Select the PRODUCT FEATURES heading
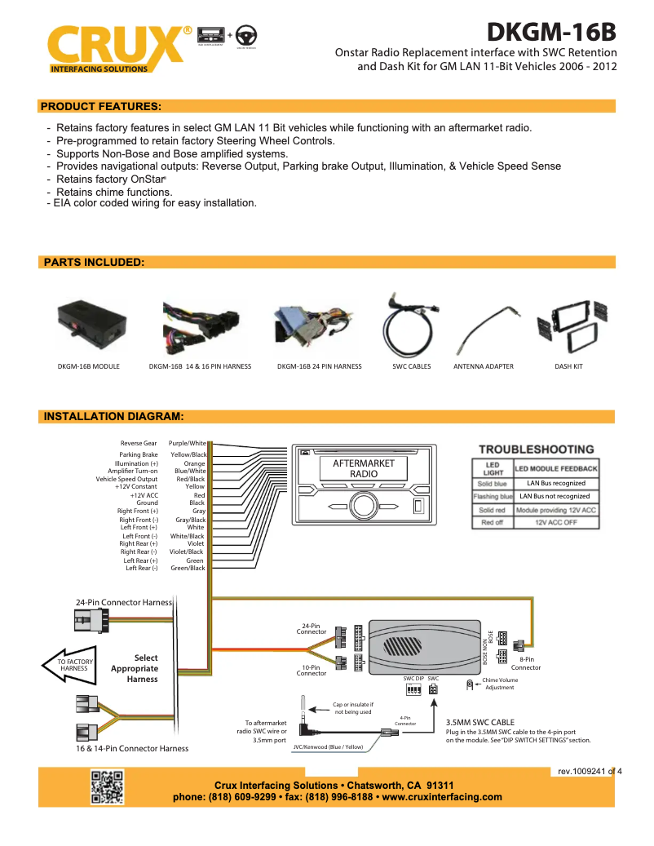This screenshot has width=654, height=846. pos(100,106)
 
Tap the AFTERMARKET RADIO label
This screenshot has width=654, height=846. pos(364,468)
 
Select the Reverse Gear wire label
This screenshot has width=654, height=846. pos(139,444)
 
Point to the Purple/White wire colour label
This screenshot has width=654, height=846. pos(187,444)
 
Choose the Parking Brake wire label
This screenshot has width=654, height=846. pos(139,455)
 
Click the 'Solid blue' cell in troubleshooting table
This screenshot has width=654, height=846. pos(492,484)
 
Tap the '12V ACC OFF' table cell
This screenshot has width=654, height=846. pos(555,522)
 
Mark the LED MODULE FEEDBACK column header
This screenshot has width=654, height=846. pos(555,468)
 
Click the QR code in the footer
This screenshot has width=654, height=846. pos(107,786)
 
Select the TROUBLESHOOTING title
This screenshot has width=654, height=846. pos(536,450)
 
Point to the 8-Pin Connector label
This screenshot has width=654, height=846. pos(526,663)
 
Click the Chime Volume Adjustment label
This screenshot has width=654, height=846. pos(499,684)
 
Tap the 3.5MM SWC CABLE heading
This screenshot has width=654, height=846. pos(479,722)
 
